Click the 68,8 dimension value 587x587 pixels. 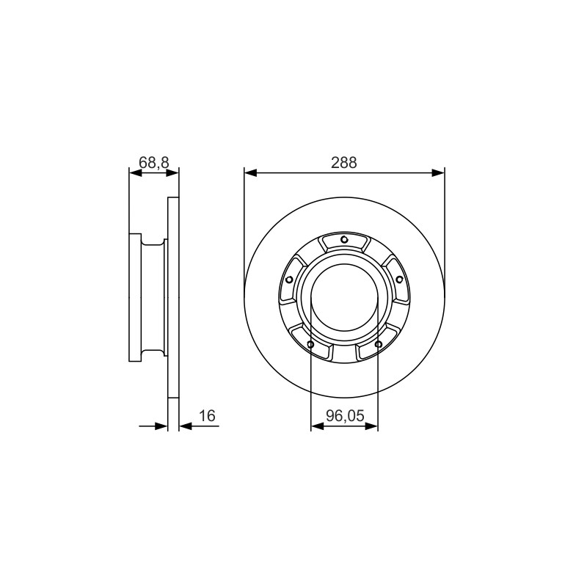tap(154, 162)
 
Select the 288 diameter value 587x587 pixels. tap(344, 162)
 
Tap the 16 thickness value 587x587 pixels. tap(207, 415)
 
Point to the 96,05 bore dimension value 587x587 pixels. tap(345, 415)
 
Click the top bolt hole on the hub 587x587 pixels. tap(344, 240)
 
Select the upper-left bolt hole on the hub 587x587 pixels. tap(289, 280)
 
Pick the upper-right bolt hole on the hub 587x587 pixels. tap(399, 280)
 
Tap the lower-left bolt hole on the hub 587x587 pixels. tap(310, 344)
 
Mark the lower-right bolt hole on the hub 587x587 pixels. tap(378, 344)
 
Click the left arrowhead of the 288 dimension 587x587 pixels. tap(250, 172)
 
